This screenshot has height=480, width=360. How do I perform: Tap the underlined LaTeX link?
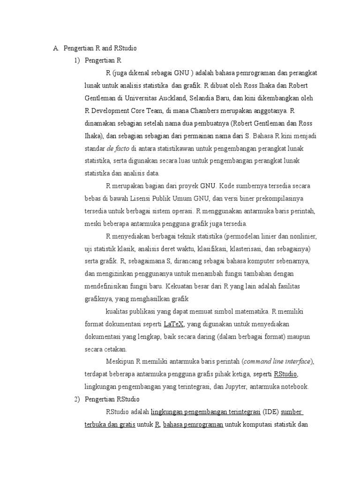coord(174,324)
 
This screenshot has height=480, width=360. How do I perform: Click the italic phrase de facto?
coord(118,148)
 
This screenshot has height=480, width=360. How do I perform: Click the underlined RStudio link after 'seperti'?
coord(286,374)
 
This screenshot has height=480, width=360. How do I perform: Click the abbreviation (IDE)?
coord(270,412)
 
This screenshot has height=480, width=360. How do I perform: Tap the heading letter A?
coord(55,48)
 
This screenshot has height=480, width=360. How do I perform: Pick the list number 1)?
coord(75,60)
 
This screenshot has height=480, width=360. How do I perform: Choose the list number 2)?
coord(75,399)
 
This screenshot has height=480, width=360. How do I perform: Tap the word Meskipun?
coord(120,361)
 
